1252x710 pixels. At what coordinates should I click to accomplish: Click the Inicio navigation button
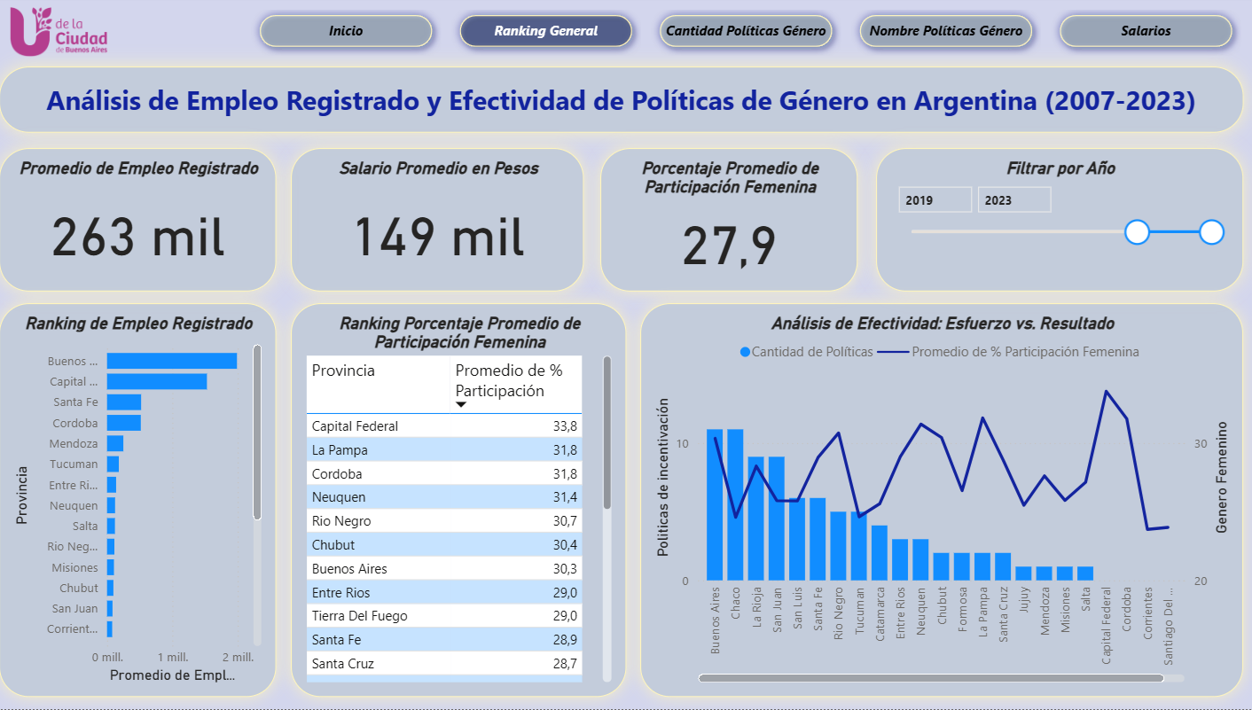pos(346,31)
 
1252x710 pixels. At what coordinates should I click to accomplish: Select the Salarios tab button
pos(1146,31)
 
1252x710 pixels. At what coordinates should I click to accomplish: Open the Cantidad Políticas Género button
pos(746,31)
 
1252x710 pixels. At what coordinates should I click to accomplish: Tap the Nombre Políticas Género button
pos(946,31)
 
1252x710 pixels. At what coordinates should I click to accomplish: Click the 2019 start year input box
pos(935,200)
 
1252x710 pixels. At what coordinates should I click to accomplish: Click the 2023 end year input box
pos(1013,200)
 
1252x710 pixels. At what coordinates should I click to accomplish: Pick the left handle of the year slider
pos(1137,232)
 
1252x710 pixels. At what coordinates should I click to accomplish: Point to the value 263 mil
pos(137,238)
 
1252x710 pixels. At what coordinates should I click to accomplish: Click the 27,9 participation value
pos(729,246)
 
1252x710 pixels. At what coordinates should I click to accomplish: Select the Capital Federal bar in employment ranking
pos(157,381)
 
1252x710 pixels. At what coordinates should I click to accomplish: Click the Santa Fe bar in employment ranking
pos(124,402)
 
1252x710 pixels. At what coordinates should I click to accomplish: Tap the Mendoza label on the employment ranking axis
pos(74,443)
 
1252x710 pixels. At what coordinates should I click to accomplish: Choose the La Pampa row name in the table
pos(339,450)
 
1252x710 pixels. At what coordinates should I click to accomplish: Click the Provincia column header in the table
pos(343,371)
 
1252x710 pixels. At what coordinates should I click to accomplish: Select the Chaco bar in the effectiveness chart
pos(735,505)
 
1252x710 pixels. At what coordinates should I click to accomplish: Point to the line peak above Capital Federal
pos(1106,391)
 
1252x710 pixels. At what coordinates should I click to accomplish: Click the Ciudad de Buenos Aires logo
pos(59,32)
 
